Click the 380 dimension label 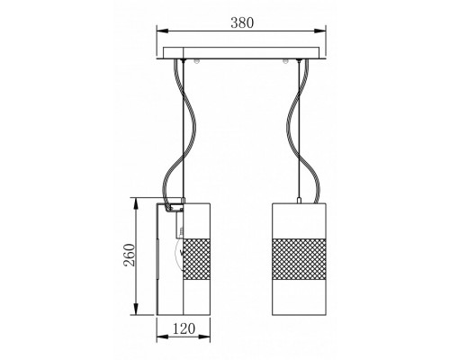pos(242,22)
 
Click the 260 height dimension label pos(130,255)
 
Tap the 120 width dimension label pos(184,328)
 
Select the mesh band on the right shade pos(299,259)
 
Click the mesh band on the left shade pos(196,259)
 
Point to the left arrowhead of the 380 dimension pos(162,31)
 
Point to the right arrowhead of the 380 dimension pos(320,31)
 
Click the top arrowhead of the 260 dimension pos(136,203)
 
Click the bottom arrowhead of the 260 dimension pos(136,310)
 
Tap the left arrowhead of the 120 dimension pos(162,337)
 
